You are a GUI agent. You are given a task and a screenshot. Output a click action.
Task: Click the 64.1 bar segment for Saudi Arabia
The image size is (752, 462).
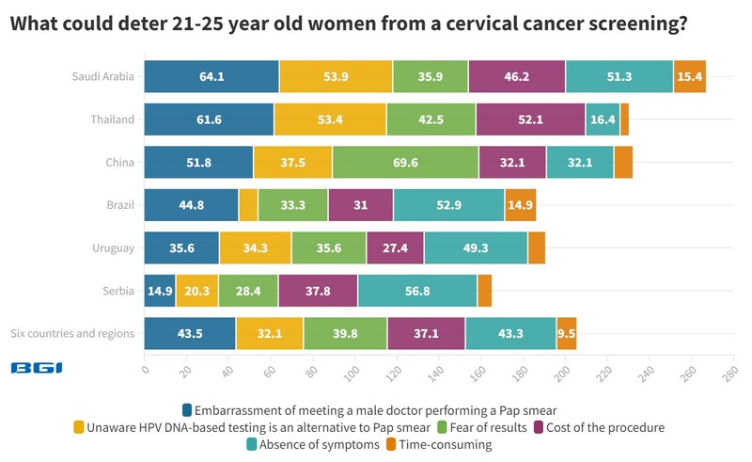(x=211, y=77)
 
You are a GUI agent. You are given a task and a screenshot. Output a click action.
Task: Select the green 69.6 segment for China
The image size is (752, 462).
(x=405, y=162)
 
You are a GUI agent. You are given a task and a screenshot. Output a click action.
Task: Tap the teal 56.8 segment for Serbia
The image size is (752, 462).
(x=417, y=290)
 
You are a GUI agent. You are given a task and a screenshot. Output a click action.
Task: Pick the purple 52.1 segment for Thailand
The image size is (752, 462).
(x=530, y=119)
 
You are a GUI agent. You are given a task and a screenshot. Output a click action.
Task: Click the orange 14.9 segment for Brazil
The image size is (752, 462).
(x=520, y=204)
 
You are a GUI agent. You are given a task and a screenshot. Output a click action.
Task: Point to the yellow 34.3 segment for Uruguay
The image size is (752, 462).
(x=255, y=247)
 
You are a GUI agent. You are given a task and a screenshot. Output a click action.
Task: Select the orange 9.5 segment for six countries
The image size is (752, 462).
(x=566, y=333)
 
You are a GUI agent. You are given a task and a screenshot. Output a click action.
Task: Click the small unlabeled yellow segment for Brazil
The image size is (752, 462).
(x=248, y=204)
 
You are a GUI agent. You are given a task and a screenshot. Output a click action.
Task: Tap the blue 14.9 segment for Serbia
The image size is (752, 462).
(x=159, y=290)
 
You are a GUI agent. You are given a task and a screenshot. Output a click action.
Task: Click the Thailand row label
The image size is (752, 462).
(x=113, y=119)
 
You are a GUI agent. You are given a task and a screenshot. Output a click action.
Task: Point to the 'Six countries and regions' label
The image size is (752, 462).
(x=72, y=333)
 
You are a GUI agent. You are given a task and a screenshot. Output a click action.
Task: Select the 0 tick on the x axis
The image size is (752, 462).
(x=145, y=371)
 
